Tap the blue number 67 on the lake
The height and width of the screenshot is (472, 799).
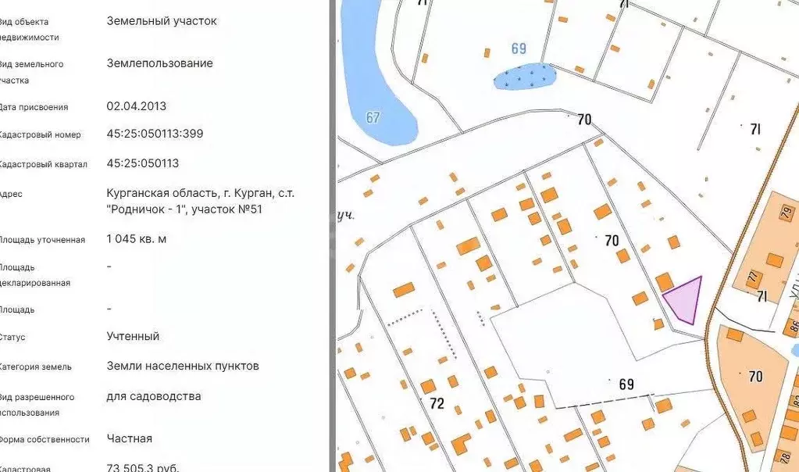[373, 117]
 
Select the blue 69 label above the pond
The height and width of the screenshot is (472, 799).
[519, 48]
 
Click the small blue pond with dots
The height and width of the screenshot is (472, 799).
[524, 76]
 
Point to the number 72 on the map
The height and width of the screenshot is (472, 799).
[437, 403]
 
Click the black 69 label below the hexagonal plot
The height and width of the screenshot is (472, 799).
[626, 384]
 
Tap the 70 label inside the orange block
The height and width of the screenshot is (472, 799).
[754, 377]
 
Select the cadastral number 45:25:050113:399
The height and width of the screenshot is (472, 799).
[155, 134]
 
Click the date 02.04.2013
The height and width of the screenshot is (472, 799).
[136, 106]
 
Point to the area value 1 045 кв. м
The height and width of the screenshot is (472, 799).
[136, 238]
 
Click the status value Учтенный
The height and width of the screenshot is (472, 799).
[133, 336]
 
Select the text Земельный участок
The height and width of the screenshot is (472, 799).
[162, 21]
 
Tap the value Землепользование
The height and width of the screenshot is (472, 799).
[159, 63]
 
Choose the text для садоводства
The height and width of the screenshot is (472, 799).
[153, 396]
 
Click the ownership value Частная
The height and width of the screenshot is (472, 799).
[129, 438]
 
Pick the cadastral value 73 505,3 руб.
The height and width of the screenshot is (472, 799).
[142, 467]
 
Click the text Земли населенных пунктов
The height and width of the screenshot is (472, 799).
[182, 366]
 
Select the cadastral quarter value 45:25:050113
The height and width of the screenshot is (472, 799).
[142, 163]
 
